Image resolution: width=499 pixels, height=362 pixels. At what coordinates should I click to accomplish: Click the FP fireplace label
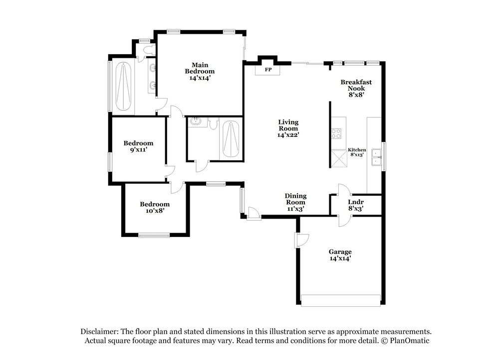click(x=268, y=70)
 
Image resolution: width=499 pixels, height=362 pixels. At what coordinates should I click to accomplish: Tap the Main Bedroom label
click(x=200, y=68)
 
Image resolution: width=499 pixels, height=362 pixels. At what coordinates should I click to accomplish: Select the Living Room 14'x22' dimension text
click(x=288, y=135)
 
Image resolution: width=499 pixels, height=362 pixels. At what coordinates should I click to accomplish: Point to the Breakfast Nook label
click(x=356, y=85)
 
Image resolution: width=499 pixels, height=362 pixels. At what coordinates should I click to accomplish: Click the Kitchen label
click(x=357, y=149)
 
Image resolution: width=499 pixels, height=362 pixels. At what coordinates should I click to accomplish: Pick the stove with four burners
click(x=336, y=133)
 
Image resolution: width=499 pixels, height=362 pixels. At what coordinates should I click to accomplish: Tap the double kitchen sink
click(x=377, y=157)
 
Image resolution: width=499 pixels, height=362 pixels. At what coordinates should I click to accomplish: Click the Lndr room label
click(x=356, y=202)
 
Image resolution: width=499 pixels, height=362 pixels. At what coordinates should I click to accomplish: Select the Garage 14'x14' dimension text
click(x=340, y=258)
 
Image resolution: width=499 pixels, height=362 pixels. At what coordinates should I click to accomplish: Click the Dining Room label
click(x=295, y=199)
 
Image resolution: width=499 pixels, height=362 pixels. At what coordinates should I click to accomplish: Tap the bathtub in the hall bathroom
click(x=231, y=139)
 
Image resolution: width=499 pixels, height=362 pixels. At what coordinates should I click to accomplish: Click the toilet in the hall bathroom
click(x=213, y=123)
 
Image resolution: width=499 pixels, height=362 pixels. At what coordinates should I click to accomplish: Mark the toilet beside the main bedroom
click(x=149, y=49)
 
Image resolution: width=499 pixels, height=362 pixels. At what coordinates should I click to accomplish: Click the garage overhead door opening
click(x=340, y=300)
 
